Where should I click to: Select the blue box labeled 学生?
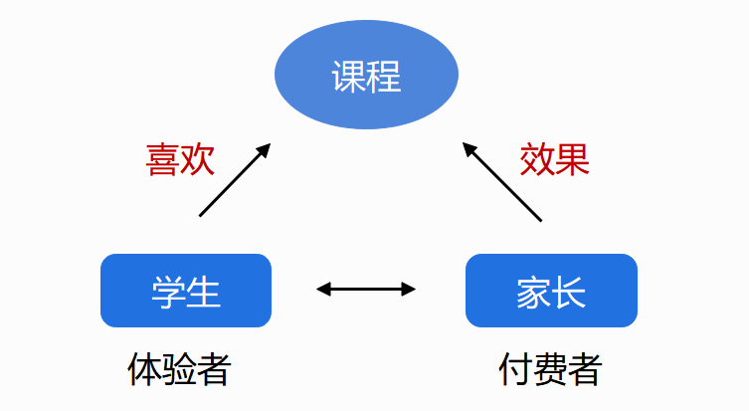coord(186,291)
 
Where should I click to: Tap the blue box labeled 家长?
coord(551,291)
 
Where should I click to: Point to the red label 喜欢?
coord(180,159)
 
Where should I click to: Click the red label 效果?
coord(555,159)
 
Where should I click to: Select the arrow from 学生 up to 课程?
coord(235,180)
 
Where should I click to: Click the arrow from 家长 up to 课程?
coord(502,181)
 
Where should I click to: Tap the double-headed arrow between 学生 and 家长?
coord(366,290)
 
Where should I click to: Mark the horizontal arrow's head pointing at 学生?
coord(323,290)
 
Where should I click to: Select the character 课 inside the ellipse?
coord(348,77)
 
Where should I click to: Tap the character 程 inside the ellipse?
coord(384,77)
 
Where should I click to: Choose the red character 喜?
coord(162,159)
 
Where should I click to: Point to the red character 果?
coord(573,159)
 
